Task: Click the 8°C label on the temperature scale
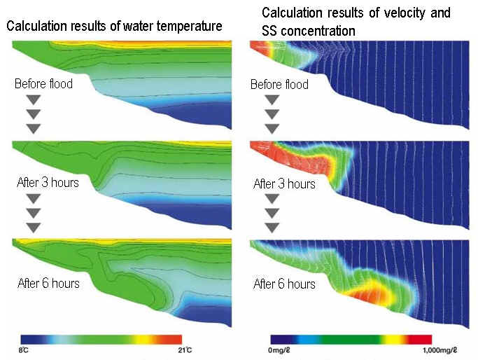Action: (24, 350)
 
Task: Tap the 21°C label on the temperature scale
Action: (185, 350)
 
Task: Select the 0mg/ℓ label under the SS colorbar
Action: (279, 350)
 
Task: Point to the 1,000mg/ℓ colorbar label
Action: (440, 350)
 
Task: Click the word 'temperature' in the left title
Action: (189, 26)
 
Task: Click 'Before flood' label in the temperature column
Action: (43, 84)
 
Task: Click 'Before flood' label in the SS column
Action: (279, 84)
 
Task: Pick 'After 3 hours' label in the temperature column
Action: (48, 182)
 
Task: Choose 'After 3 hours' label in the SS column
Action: (284, 184)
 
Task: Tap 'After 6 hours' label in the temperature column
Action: (48, 283)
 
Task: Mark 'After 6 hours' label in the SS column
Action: (284, 284)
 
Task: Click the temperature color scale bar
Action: (101, 340)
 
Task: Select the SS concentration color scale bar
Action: (351, 340)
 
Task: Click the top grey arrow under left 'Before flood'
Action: (34, 99)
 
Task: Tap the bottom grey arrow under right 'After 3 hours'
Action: (272, 228)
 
